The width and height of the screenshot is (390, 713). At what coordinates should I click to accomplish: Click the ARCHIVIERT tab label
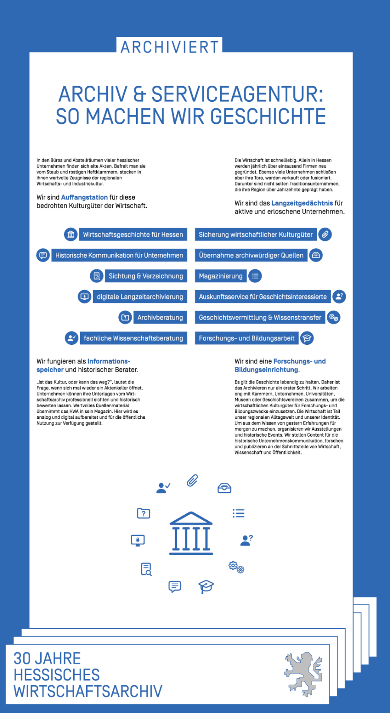click(169, 47)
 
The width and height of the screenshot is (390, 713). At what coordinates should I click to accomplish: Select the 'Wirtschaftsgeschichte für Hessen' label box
click(133, 234)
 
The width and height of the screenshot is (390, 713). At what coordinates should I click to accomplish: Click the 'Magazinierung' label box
click(221, 276)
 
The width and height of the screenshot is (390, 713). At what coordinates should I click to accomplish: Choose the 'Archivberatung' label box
click(160, 318)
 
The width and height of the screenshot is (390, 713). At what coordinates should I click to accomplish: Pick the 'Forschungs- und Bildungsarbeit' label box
click(247, 338)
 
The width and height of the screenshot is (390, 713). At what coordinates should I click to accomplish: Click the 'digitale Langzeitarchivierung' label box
click(140, 297)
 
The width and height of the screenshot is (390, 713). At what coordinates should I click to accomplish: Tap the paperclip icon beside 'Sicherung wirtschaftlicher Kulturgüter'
click(325, 234)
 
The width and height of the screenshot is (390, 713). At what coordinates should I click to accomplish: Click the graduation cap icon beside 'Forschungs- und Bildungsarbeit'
click(307, 338)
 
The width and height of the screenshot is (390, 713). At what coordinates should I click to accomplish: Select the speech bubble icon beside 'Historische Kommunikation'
click(43, 255)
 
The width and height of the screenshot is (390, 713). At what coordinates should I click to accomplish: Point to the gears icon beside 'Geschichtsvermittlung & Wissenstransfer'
click(333, 318)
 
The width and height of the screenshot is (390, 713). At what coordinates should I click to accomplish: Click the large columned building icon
click(191, 533)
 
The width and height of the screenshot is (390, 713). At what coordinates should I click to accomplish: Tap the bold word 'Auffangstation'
click(84, 197)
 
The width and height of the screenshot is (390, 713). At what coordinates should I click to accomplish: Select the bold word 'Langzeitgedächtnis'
click(302, 203)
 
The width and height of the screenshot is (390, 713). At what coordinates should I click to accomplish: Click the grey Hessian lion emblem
click(303, 674)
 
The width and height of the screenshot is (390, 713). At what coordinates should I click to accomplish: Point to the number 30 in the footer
click(23, 658)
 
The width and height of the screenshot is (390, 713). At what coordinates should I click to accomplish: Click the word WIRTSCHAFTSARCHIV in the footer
click(88, 691)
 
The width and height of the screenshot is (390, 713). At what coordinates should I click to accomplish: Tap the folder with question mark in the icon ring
click(143, 513)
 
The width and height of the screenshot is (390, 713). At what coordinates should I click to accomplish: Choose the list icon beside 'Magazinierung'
click(255, 276)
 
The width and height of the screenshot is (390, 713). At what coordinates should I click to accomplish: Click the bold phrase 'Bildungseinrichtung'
click(266, 369)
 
